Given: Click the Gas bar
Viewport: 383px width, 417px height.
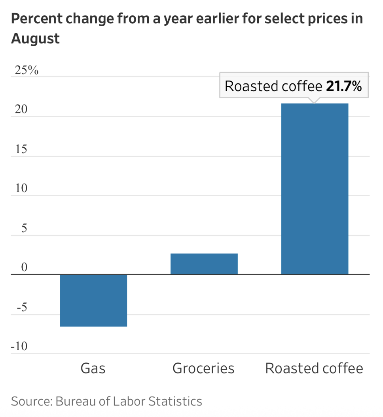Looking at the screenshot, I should coord(93,300).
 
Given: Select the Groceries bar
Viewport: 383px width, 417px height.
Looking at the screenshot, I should coord(204,264).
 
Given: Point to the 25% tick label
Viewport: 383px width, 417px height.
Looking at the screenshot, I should coord(27,71).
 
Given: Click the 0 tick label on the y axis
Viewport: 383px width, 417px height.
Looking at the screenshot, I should coord(24,268).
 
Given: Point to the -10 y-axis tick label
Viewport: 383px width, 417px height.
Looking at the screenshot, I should coord(19,347).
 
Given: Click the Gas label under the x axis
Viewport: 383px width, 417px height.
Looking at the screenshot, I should coord(93,368).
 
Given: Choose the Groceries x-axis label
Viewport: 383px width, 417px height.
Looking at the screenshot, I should coord(203,368).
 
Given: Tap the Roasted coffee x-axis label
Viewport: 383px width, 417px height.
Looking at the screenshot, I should coord(314,368).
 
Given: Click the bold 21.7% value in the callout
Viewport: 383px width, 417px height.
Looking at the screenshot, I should coord(344,86).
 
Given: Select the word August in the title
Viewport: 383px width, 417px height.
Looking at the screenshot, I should coord(36,39).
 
